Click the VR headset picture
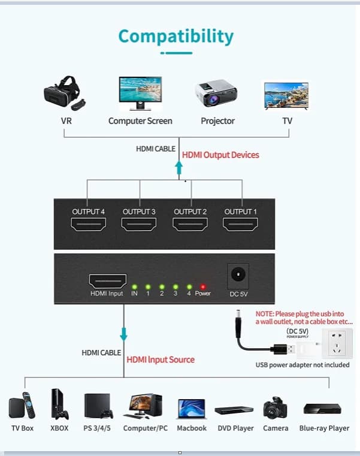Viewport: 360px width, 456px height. pyautogui.click(x=65, y=93)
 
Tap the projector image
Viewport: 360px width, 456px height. pyautogui.click(x=216, y=93)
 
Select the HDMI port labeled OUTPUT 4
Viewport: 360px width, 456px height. pyautogui.click(x=89, y=225)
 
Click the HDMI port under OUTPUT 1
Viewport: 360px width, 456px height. pyautogui.click(x=240, y=225)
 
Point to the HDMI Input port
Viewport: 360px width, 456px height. pyautogui.click(x=108, y=281)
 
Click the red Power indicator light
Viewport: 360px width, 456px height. pyautogui.click(x=203, y=287)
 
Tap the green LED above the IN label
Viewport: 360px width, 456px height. pyautogui.click(x=134, y=287)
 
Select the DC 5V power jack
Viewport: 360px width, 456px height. pyautogui.click(x=238, y=275)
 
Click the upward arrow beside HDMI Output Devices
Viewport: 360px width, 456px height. pyautogui.click(x=179, y=168)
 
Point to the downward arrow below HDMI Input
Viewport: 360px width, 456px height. pyautogui.click(x=123, y=334)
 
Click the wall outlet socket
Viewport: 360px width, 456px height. pyautogui.click(x=337, y=343)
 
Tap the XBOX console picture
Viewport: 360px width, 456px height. pyautogui.click(x=59, y=404)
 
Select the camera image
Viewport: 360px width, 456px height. pyautogui.click(x=275, y=407)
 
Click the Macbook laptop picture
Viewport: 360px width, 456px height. pyautogui.click(x=192, y=409)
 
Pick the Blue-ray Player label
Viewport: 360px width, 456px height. pyautogui.click(x=324, y=428)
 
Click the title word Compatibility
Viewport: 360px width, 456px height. pyautogui.click(x=176, y=37)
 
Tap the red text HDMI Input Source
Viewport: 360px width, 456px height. pyautogui.click(x=161, y=360)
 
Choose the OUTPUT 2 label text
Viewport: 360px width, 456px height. pyautogui.click(x=190, y=212)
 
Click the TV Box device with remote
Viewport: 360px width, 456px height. pyautogui.click(x=22, y=406)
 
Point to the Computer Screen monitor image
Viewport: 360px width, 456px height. pyautogui.click(x=140, y=93)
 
